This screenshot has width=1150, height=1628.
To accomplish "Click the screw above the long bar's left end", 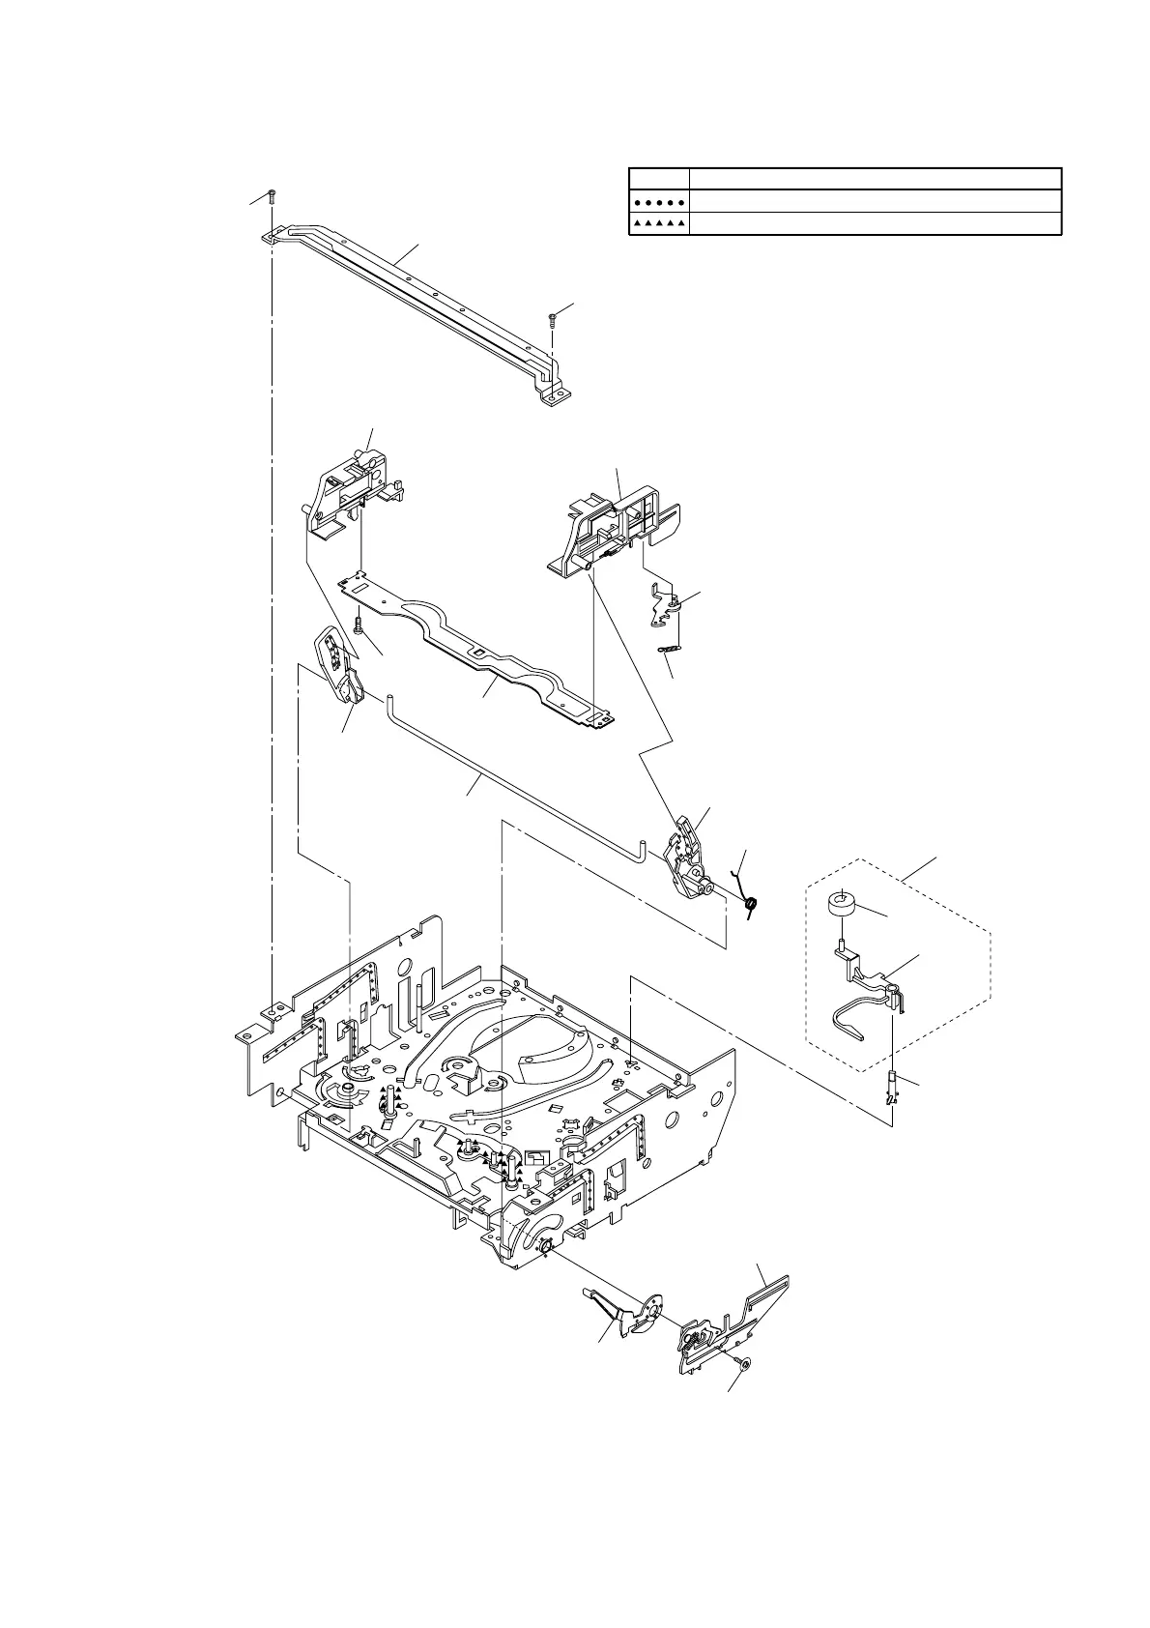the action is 273,196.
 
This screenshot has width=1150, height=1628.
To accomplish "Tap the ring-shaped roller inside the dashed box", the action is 842,906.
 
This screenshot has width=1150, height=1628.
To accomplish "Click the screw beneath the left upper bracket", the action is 359,625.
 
